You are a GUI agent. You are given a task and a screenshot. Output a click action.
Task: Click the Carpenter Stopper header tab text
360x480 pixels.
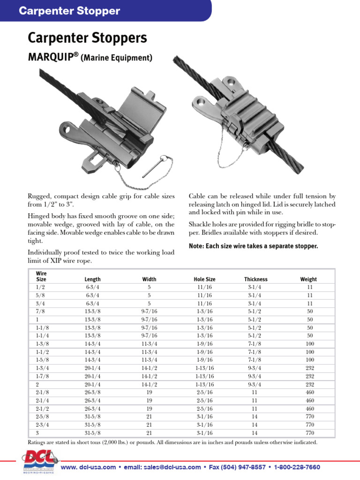[69, 11]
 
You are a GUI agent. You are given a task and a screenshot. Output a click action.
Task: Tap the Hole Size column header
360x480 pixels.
[204, 279]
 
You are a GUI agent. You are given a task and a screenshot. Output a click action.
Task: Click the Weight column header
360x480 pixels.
[308, 279]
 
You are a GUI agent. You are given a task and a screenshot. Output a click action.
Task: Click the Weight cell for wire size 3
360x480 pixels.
[309, 433]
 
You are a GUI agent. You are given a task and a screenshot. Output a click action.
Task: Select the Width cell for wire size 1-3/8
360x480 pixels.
[149, 344]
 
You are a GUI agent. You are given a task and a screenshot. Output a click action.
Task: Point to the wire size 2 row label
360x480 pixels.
[37, 384]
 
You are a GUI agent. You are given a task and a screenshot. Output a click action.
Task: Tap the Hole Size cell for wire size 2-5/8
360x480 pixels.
[204, 416]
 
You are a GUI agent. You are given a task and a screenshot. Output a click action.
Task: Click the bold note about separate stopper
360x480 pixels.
[253, 246]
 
